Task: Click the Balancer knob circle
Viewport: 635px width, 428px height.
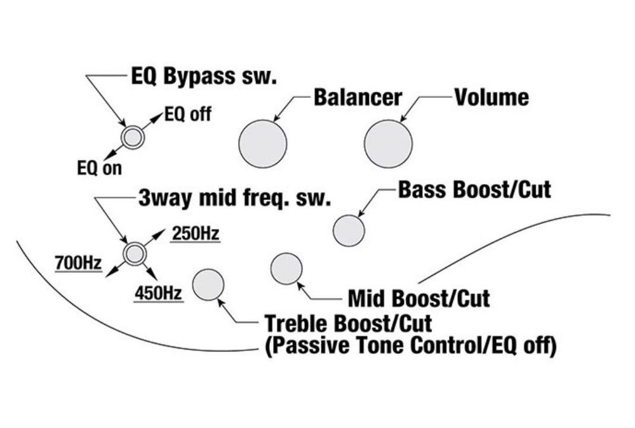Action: pyautogui.click(x=263, y=144)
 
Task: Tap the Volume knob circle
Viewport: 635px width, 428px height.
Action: pyautogui.click(x=389, y=144)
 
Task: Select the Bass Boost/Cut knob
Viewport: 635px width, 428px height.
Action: pyautogui.click(x=349, y=231)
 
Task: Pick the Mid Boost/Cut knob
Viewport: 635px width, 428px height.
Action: pyautogui.click(x=286, y=269)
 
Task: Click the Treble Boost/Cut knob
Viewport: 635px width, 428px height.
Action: pyautogui.click(x=208, y=285)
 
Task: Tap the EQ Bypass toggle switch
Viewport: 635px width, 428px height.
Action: pyautogui.click(x=133, y=138)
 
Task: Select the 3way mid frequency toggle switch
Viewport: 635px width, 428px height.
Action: pyautogui.click(x=134, y=254)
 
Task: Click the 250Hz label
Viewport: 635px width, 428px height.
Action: pyautogui.click(x=196, y=234)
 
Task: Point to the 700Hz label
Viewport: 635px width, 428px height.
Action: pyautogui.click(x=79, y=263)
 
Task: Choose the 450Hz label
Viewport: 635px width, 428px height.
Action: pyautogui.click(x=158, y=293)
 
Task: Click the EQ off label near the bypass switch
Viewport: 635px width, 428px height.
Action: pyautogui.click(x=188, y=114)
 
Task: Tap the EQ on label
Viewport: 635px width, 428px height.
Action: pyautogui.click(x=100, y=168)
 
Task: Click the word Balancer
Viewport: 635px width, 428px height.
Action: pyautogui.click(x=358, y=97)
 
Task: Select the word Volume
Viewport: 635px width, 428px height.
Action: pyautogui.click(x=491, y=97)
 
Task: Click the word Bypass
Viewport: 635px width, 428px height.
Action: pyautogui.click(x=200, y=77)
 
